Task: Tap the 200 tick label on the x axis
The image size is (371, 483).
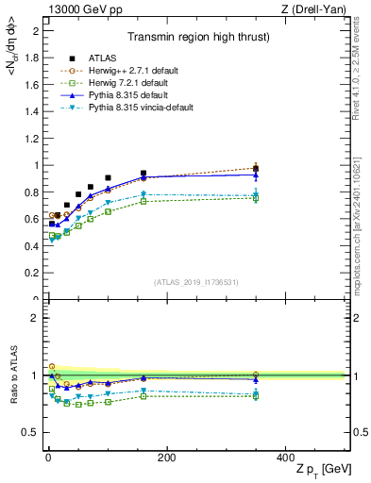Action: tap(166, 458)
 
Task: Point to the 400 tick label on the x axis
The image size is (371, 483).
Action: tap(285, 458)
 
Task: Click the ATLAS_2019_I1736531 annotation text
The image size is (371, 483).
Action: tap(196, 282)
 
